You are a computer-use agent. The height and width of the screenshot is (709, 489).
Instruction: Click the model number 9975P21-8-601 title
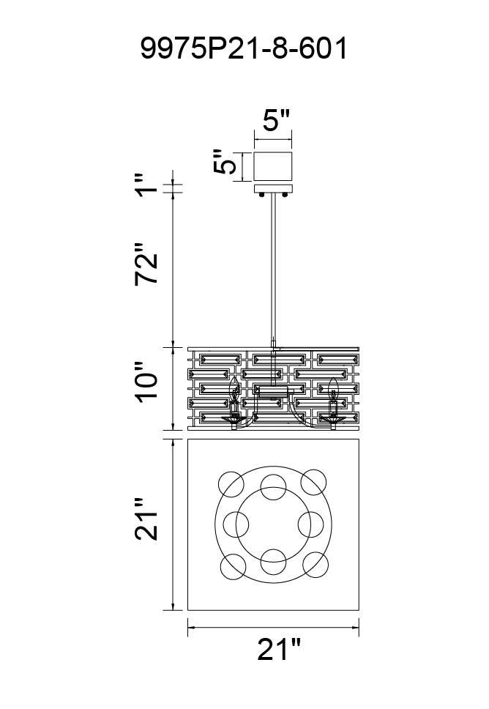pyautogui.click(x=244, y=48)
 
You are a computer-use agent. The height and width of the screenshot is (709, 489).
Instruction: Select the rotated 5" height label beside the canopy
pyautogui.click(x=225, y=161)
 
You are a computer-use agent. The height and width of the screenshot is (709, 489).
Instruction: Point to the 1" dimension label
pyautogui.click(x=148, y=185)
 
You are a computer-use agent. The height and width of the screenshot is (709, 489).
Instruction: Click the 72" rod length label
pyautogui.click(x=146, y=264)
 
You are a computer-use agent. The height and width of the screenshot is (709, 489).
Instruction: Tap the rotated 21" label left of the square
pyautogui.click(x=146, y=519)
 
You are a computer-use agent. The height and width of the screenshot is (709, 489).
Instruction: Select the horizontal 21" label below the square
pyautogui.click(x=279, y=650)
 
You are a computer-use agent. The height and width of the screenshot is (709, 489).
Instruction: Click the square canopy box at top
pyautogui.click(x=273, y=167)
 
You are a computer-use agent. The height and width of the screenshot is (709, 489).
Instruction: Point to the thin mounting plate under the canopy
pyautogui.click(x=273, y=188)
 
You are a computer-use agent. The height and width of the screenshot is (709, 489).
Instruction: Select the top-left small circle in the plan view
pyautogui.click(x=231, y=483)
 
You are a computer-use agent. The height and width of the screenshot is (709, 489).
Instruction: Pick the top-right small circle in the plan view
pyautogui.click(x=313, y=482)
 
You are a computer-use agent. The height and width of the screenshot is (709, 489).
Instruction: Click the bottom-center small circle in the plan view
pyautogui.click(x=274, y=561)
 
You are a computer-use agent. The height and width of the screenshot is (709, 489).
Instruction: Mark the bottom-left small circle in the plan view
pyautogui.click(x=232, y=566)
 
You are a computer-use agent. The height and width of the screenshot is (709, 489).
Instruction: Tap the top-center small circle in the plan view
pyautogui.click(x=274, y=486)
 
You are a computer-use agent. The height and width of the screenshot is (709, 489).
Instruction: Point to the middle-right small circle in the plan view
pyautogui.click(x=310, y=524)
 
